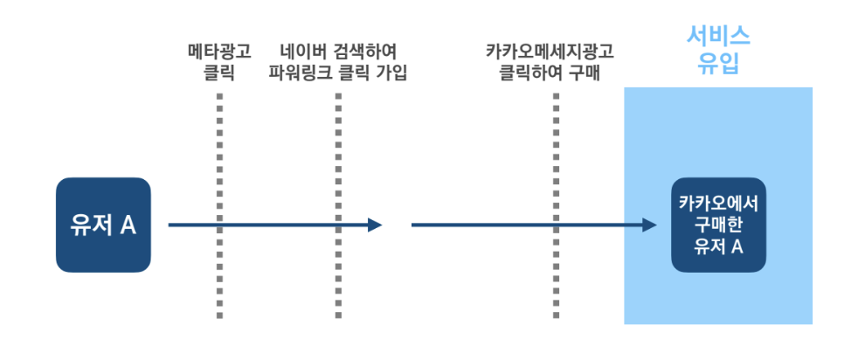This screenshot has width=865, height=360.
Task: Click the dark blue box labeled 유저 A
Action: tap(103, 225)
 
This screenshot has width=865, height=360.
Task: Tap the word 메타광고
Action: tap(219, 51)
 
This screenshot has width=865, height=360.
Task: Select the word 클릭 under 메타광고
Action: tap(218, 72)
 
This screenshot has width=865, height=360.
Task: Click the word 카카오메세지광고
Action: tap(555, 51)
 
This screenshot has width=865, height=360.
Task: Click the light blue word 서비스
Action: tap(718, 37)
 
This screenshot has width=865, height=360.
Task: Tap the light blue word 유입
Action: tap(718, 64)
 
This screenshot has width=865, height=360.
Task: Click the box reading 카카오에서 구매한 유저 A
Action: tap(718, 225)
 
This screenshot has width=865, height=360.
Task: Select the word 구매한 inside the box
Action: tap(718, 225)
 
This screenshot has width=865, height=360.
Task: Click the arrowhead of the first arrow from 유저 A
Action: tap(376, 225)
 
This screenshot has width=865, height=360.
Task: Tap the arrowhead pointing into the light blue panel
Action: tap(649, 225)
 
